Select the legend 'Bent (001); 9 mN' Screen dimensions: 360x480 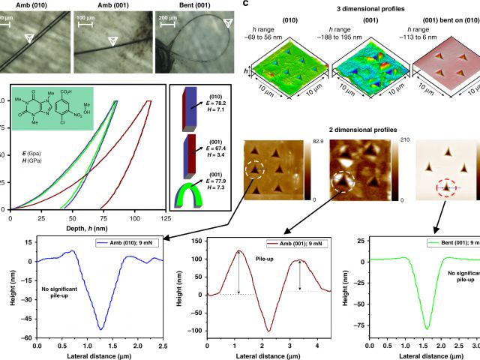point(445,244)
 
